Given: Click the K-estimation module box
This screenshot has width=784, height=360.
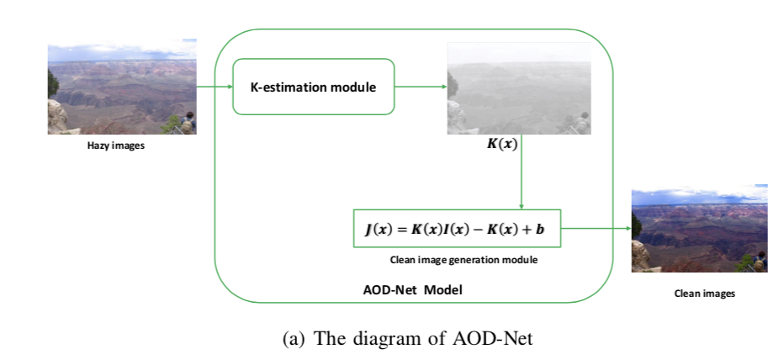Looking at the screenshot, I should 313,87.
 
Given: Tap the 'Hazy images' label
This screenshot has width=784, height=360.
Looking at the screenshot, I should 116,146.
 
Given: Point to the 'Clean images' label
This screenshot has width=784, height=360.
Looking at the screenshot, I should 704,294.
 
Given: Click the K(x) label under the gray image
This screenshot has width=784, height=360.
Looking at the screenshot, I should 502,144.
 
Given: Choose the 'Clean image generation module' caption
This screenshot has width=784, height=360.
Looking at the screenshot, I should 463,260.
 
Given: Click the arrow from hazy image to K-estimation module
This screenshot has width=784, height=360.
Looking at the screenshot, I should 214,87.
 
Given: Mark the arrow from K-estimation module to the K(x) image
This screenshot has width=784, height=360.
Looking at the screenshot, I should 420,87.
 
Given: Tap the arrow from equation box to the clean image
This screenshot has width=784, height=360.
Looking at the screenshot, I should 596,227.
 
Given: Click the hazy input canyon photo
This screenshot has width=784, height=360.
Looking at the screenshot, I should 121,87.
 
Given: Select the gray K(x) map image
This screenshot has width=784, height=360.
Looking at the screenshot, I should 518,87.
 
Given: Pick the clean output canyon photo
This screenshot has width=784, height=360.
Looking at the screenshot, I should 698,228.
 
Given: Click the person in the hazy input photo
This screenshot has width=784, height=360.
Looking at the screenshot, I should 189,120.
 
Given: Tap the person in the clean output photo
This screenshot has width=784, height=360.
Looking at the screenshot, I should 760,260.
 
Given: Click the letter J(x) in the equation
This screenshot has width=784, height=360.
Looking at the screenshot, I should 376,227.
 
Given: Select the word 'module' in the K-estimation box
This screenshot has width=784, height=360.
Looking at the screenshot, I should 353,87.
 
